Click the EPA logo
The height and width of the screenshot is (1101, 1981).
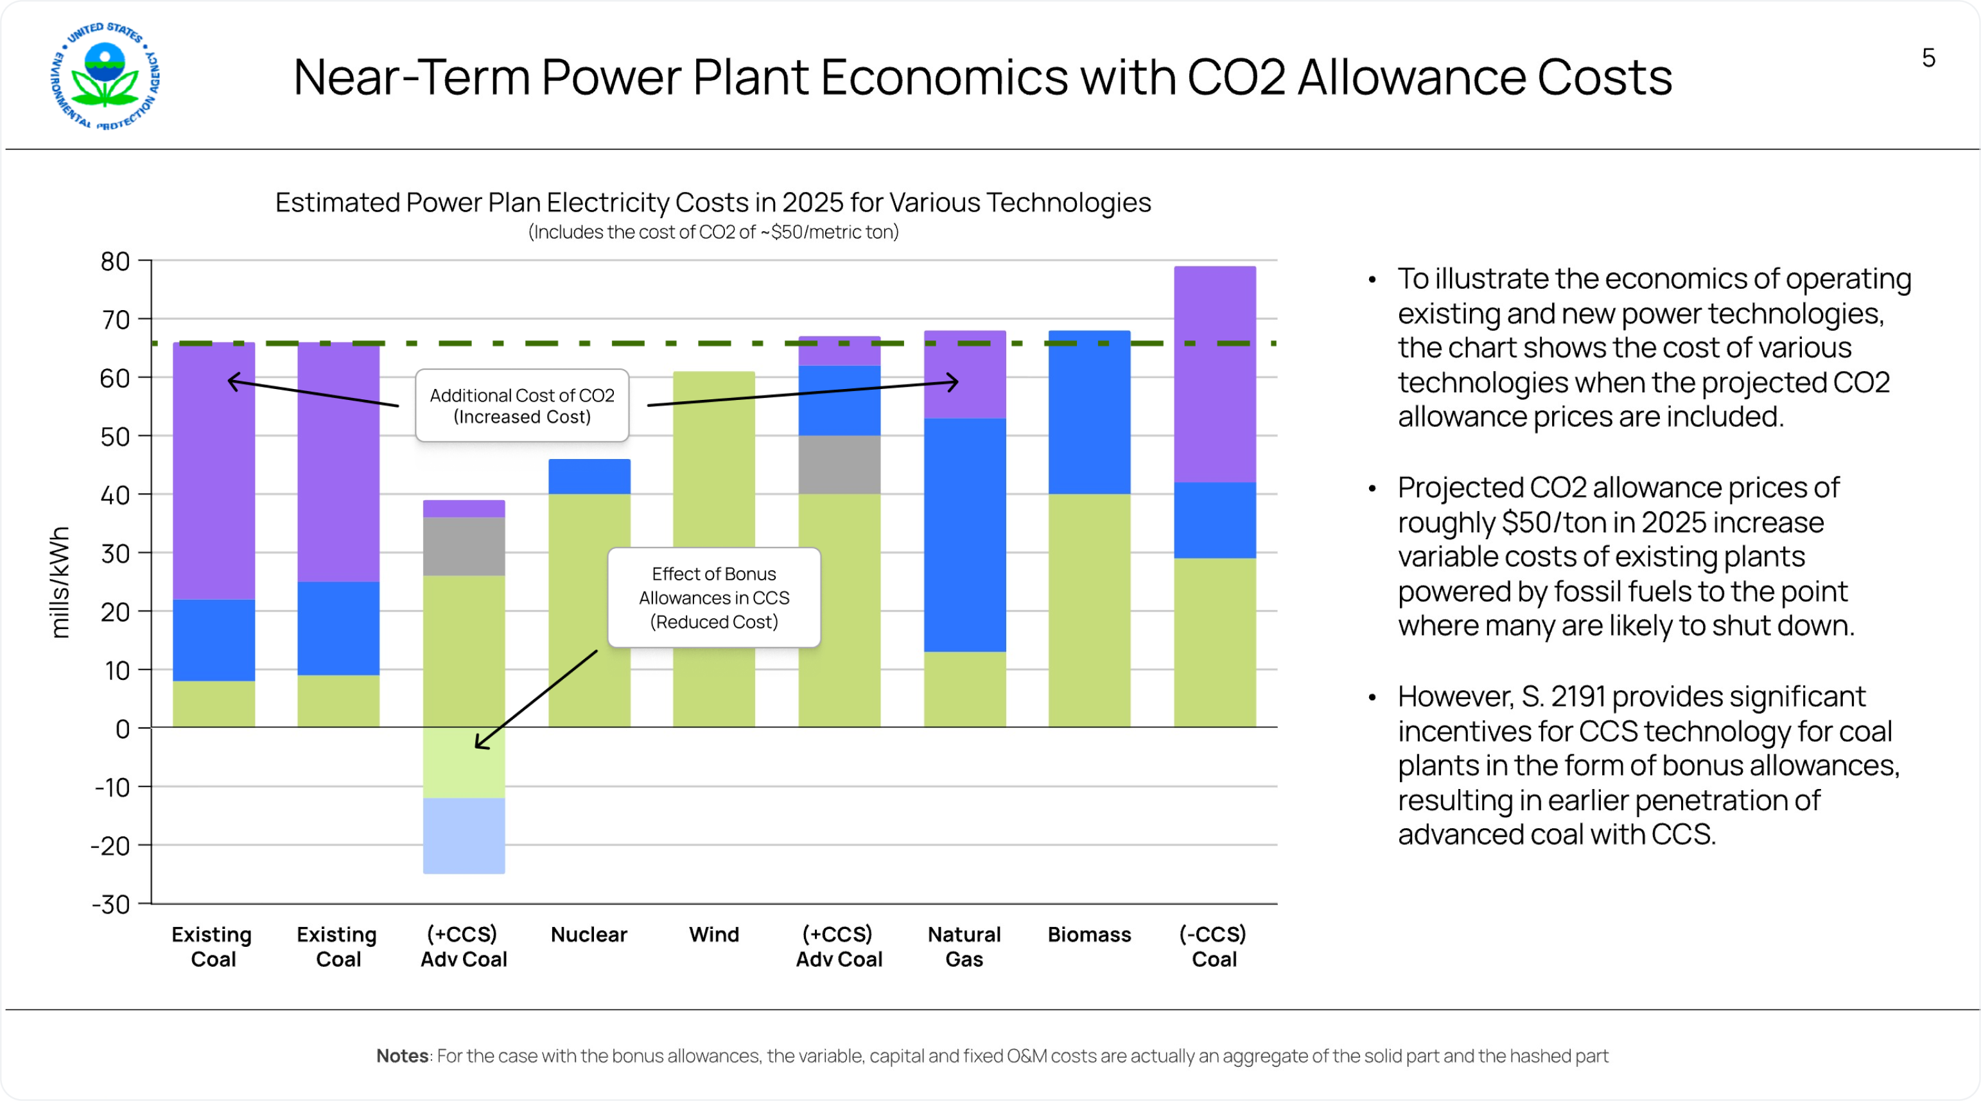click(105, 75)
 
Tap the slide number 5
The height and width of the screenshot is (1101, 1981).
click(1928, 58)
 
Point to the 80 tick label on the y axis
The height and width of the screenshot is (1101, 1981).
click(116, 261)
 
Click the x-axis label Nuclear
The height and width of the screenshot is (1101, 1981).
click(589, 934)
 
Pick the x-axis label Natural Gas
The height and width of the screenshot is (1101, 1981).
click(964, 946)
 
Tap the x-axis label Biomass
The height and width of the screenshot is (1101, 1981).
click(1089, 934)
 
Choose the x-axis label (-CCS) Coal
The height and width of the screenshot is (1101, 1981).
click(1214, 946)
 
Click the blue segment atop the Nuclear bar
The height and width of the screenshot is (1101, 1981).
click(589, 477)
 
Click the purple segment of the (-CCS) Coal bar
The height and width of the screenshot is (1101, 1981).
click(1214, 374)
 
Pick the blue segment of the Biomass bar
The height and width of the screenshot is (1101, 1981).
click(1089, 415)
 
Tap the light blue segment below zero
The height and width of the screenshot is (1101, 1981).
click(464, 836)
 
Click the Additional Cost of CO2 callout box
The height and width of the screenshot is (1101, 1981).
click(522, 405)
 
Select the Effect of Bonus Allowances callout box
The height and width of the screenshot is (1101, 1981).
click(713, 598)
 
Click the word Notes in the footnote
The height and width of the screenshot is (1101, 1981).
click(402, 1055)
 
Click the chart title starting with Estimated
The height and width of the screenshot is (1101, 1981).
click(713, 202)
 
